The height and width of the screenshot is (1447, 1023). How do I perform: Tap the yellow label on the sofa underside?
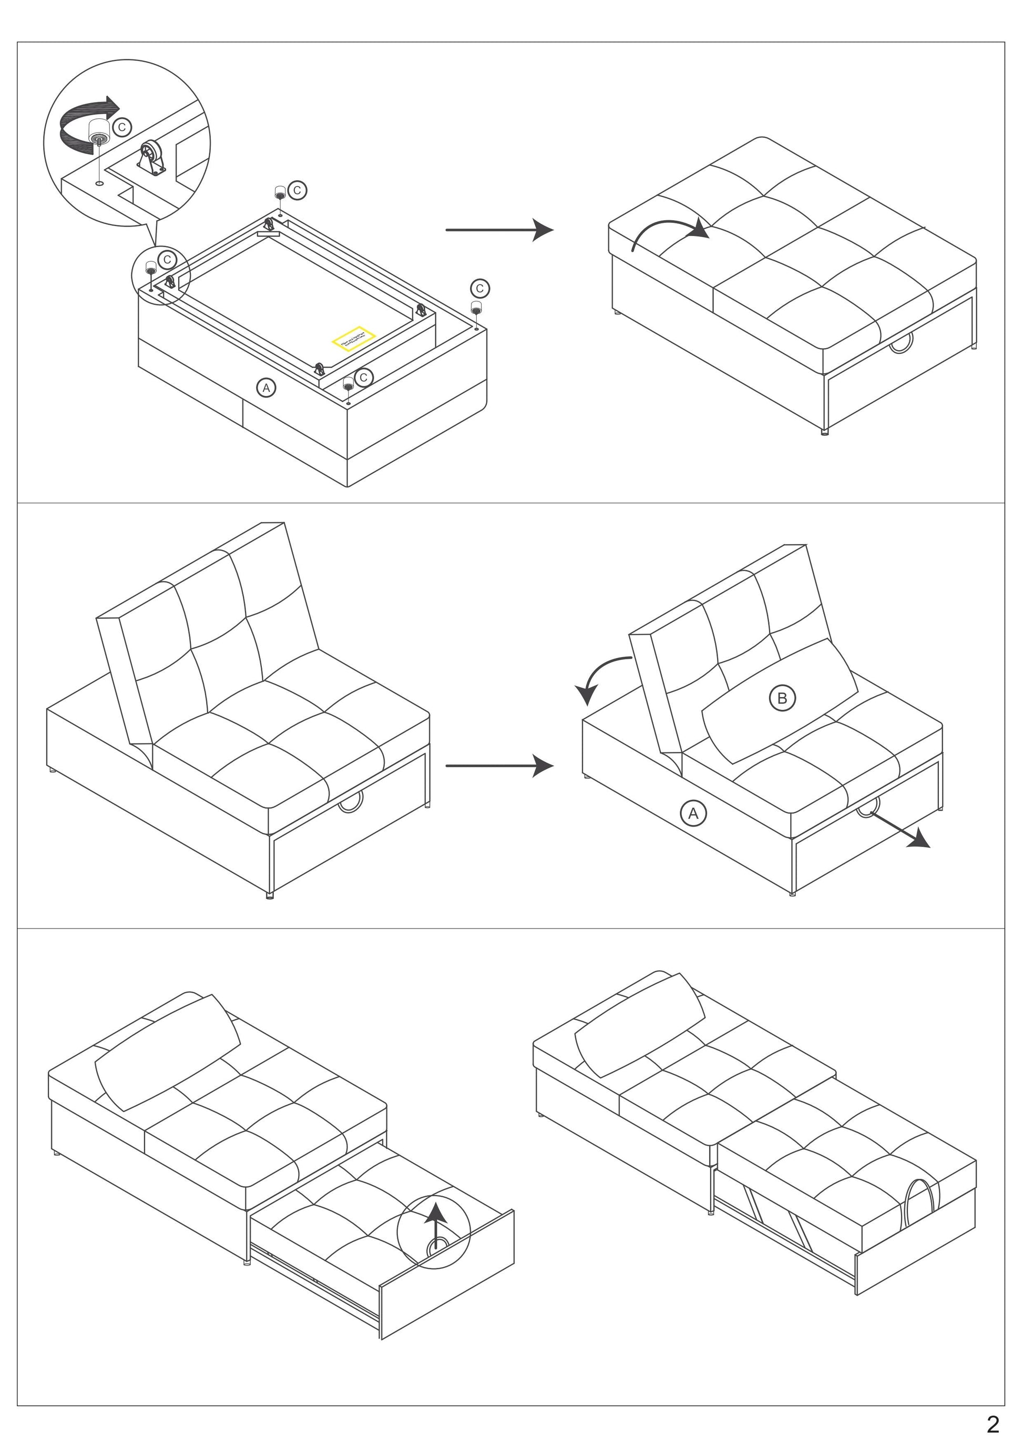click(x=353, y=339)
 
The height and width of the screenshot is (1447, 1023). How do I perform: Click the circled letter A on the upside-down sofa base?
click(x=267, y=388)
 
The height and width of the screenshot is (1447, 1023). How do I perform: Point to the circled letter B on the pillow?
click(x=782, y=698)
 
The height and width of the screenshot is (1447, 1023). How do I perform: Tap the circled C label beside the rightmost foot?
click(x=480, y=289)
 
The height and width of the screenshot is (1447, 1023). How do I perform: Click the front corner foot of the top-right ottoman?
click(x=825, y=432)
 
